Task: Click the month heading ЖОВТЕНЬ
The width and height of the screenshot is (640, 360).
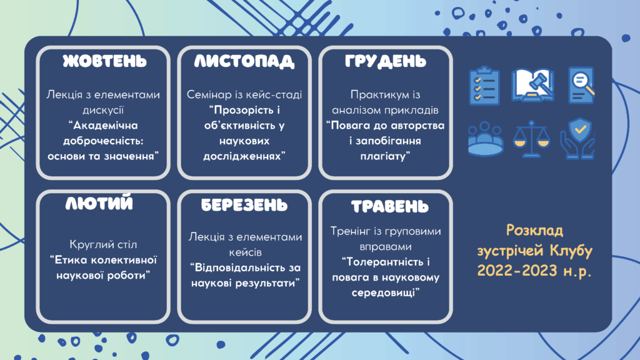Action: [x=104, y=61]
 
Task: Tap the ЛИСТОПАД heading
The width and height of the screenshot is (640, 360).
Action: [x=244, y=61]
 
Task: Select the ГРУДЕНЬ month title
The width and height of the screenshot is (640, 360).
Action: [x=385, y=61]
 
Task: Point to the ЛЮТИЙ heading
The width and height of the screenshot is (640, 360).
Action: [x=99, y=203]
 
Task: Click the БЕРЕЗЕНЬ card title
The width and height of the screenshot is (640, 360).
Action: [x=244, y=205]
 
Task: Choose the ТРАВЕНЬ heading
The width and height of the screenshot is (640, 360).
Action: [x=390, y=206]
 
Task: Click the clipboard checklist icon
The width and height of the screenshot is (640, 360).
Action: [x=484, y=86]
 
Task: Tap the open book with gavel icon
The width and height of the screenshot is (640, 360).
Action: [x=532, y=85]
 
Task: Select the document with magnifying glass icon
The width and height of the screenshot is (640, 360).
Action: [x=581, y=85]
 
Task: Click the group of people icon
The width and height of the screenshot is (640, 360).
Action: [x=485, y=139]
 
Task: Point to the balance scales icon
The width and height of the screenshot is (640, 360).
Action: [x=531, y=139]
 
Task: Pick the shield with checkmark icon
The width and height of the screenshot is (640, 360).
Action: [x=577, y=139]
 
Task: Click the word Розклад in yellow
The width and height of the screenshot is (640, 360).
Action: [x=535, y=230]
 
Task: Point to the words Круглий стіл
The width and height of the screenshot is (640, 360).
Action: [x=103, y=244]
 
